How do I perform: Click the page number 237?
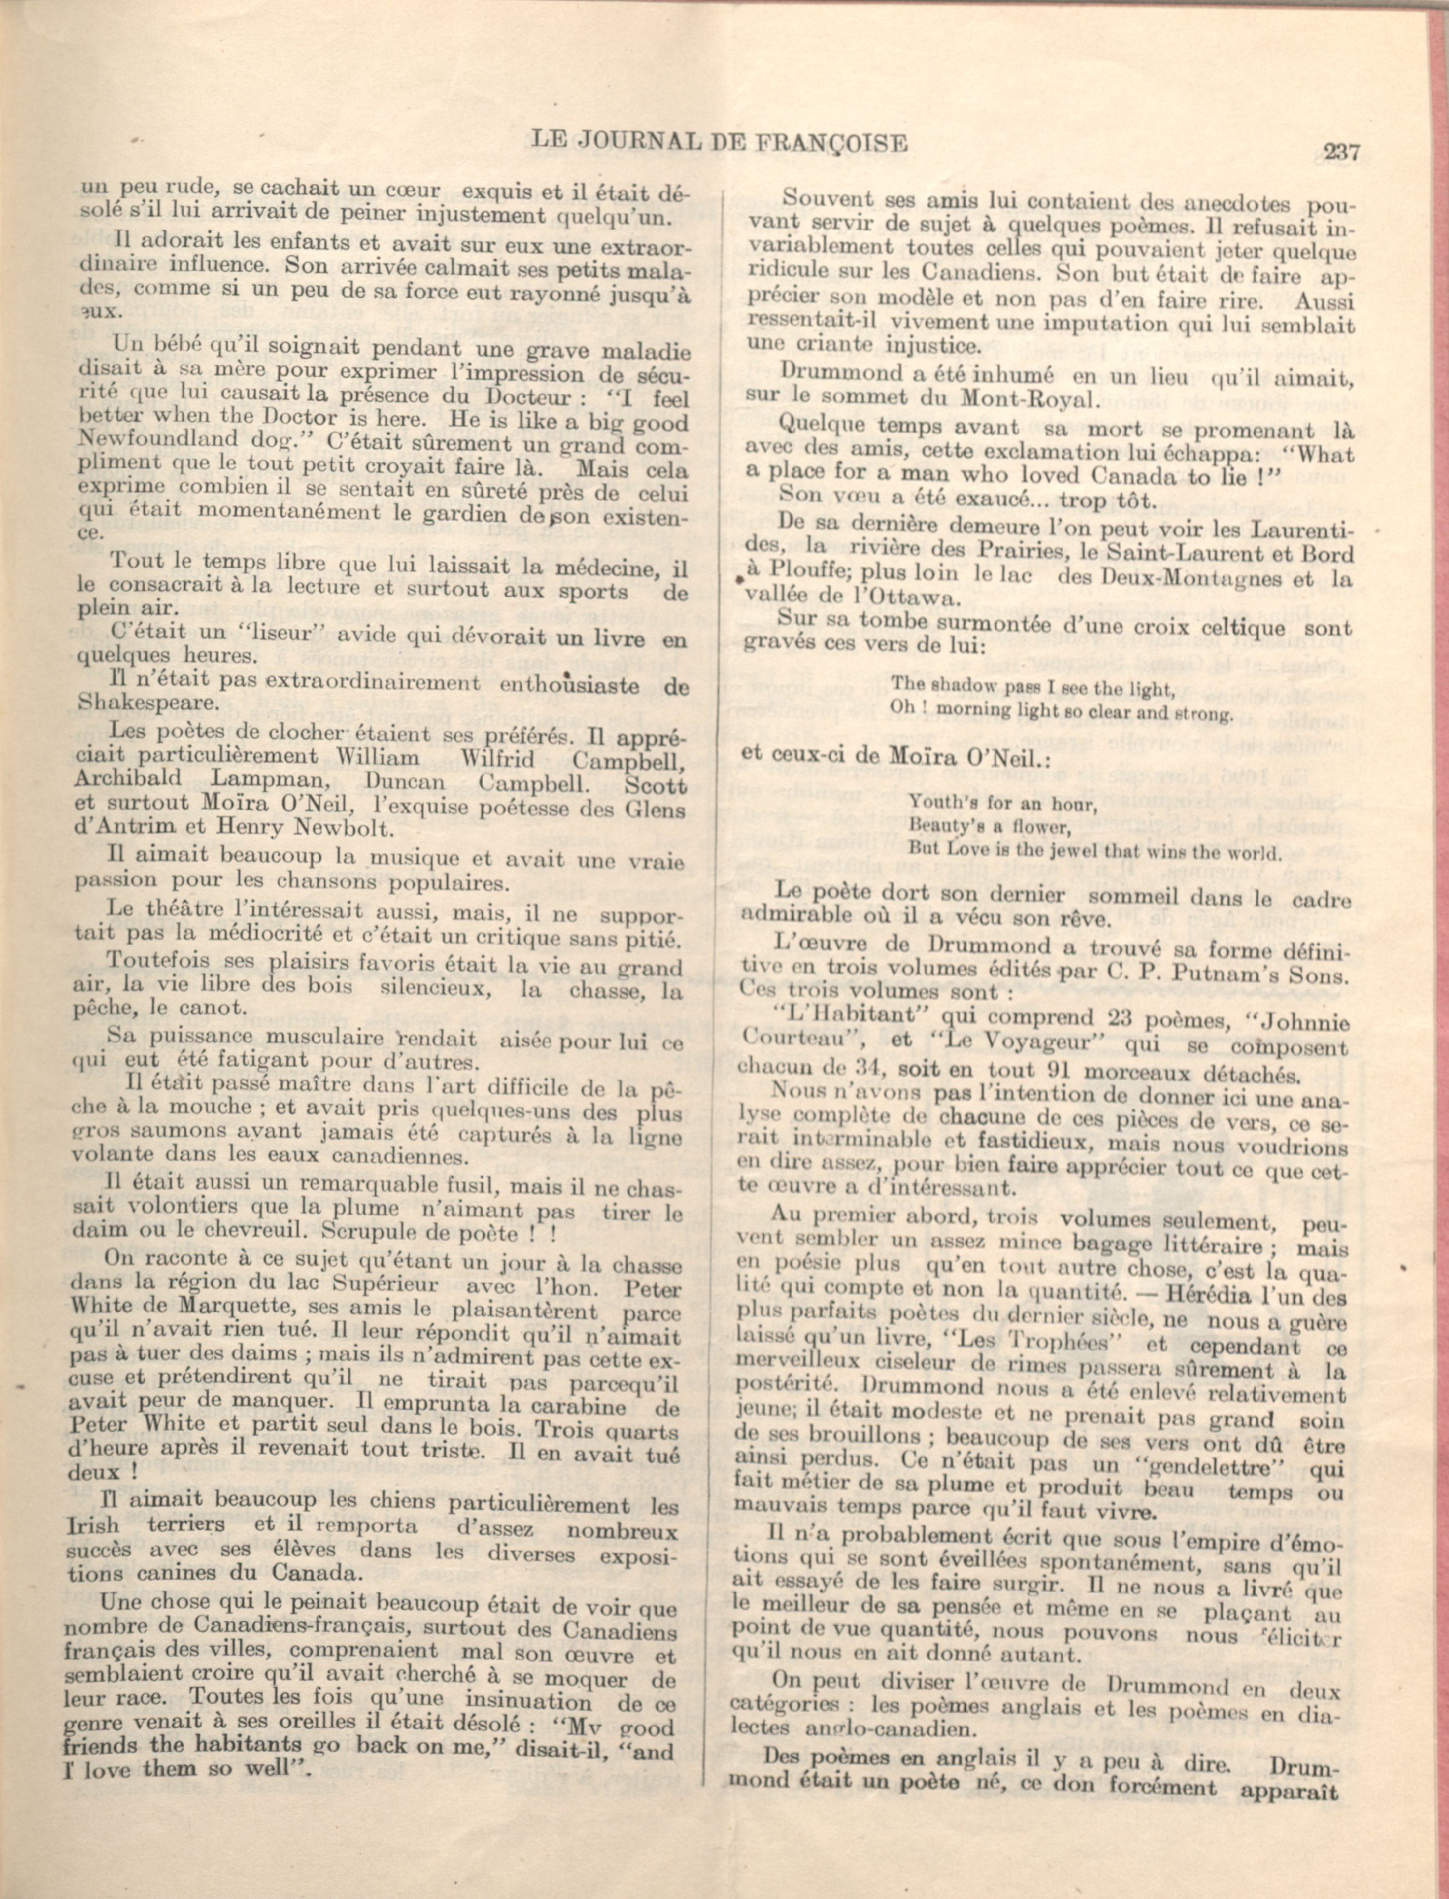click(x=1341, y=153)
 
